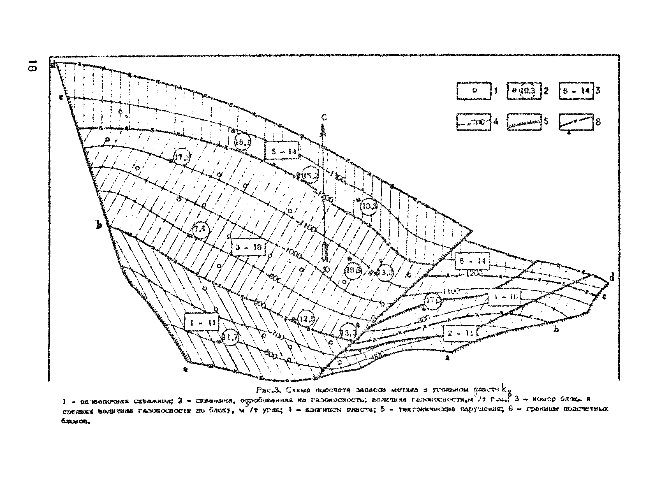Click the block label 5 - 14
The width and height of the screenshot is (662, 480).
click(282, 151)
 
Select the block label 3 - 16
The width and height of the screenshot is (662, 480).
click(248, 247)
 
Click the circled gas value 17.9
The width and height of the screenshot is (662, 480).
click(182, 158)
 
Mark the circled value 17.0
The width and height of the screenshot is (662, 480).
click(432, 301)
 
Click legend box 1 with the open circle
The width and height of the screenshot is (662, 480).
click(474, 91)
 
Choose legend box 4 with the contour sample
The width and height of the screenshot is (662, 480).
click(473, 122)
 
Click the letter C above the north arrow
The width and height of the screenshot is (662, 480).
click(324, 117)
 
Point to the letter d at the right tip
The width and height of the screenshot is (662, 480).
click(612, 277)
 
